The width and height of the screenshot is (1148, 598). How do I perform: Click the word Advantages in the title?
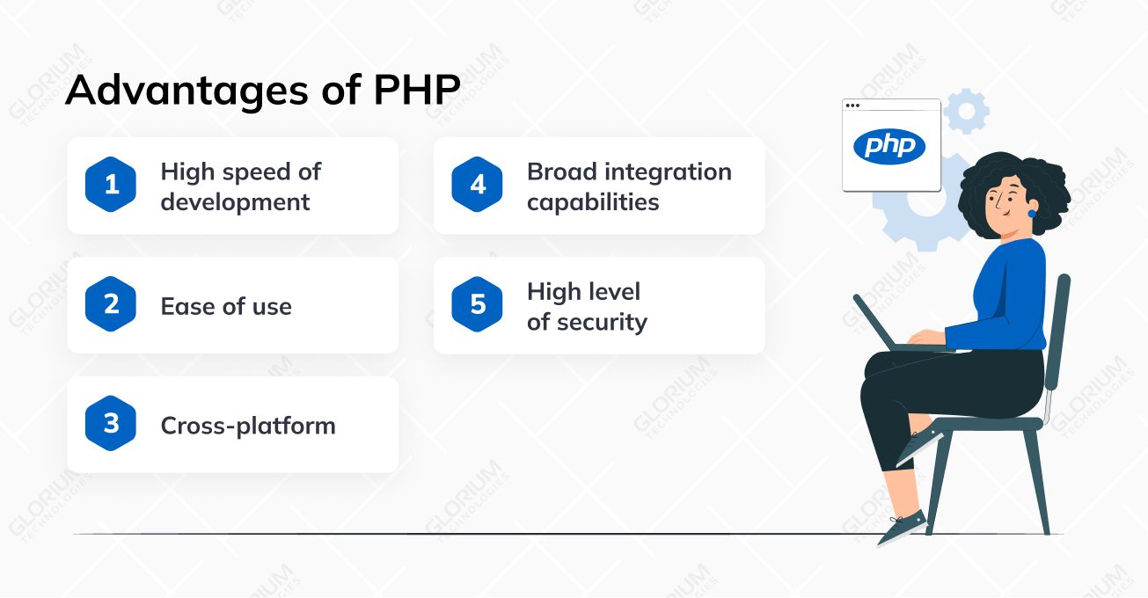coord(187,92)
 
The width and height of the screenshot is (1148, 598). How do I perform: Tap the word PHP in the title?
coord(417,91)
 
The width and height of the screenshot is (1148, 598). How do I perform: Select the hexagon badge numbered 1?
coord(111,185)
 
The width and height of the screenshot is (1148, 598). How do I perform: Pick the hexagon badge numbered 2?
coord(111,304)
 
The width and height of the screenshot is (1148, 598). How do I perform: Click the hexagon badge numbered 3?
coord(111,423)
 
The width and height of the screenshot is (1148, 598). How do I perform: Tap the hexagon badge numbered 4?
coord(477,185)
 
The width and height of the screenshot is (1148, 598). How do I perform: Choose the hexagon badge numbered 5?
coord(477,304)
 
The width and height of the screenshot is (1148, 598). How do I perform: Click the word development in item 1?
coord(235,203)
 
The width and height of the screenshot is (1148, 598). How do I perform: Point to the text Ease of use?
coord(226,306)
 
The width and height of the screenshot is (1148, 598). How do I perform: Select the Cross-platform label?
coord(248,427)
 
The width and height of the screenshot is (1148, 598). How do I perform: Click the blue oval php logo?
coord(889,147)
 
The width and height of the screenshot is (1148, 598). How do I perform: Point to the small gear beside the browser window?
coord(967,111)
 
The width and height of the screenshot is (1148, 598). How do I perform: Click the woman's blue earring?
coord(1032,213)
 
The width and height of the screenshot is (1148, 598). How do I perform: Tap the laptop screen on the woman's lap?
coord(874,322)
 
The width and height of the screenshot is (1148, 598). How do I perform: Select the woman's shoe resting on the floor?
coord(902,527)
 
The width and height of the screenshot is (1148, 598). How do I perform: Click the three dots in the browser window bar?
coord(852,106)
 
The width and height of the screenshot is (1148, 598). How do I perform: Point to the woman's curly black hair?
coord(1013,190)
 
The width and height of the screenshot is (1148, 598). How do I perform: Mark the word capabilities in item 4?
coord(593,203)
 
